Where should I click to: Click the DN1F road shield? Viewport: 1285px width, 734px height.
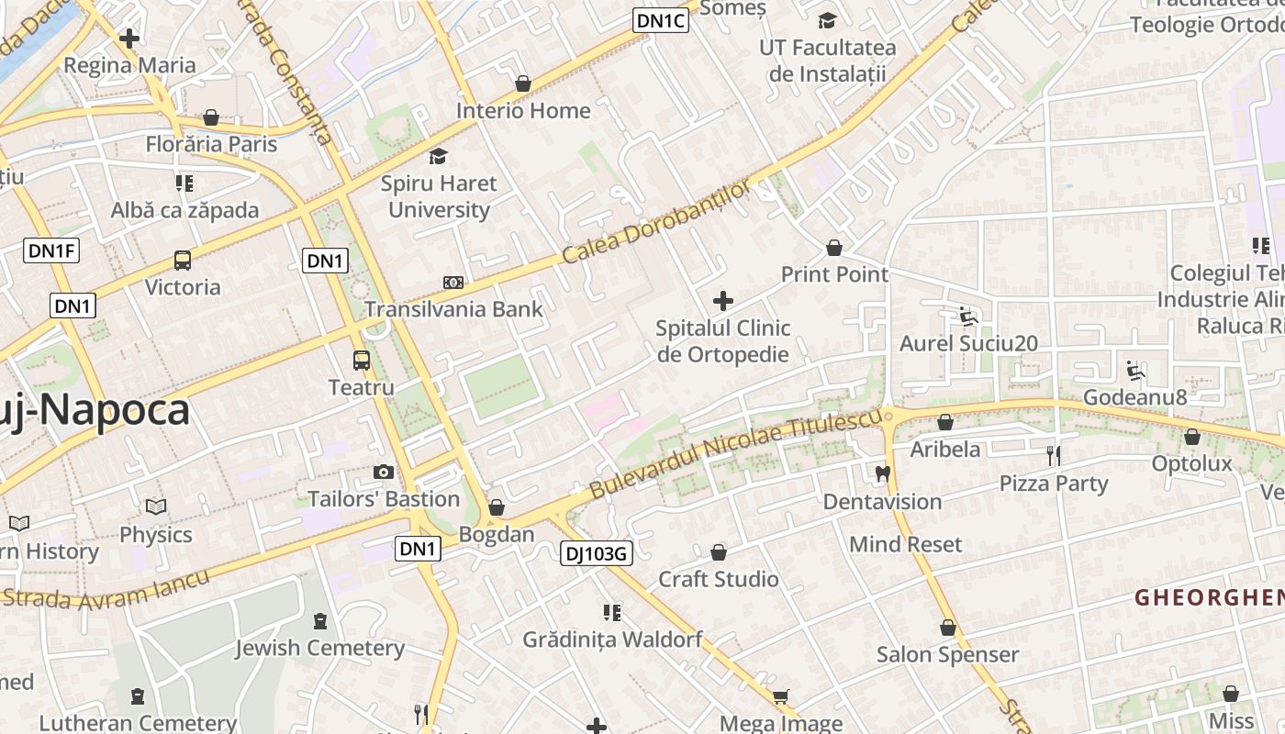[51, 250]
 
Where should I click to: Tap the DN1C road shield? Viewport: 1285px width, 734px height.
[661, 20]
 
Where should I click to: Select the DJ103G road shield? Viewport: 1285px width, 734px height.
[597, 553]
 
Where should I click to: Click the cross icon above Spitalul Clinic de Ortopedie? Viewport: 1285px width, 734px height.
[723, 301]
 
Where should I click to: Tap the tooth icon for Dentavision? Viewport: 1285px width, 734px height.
[883, 474]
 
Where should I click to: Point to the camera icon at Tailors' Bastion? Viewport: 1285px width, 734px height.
[384, 473]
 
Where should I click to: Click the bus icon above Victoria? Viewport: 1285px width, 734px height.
[183, 261]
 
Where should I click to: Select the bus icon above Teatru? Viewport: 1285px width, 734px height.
[362, 361]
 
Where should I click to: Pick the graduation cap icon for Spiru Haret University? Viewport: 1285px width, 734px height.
[439, 157]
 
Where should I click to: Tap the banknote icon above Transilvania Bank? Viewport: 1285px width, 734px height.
[453, 283]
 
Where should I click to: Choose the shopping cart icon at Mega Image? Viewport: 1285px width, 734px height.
[781, 697]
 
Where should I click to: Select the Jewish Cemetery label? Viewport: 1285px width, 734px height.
[319, 648]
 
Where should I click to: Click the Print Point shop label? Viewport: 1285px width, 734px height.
[834, 274]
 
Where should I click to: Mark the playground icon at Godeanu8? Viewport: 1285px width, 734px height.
[1135, 371]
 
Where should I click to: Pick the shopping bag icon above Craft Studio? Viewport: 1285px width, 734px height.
[719, 552]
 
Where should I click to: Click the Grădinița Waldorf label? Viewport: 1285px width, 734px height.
[612, 639]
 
